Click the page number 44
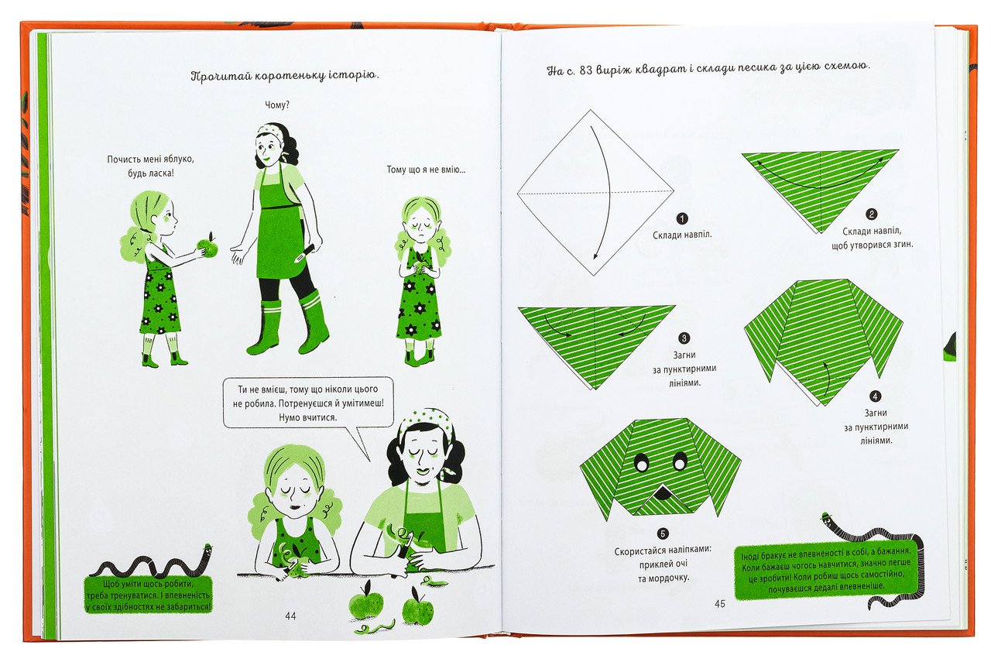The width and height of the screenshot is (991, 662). (290, 616)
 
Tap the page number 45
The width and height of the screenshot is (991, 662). (720, 603)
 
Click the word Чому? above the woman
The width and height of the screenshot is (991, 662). (277, 105)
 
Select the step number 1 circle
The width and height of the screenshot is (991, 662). (682, 218)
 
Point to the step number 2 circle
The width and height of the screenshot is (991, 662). (871, 214)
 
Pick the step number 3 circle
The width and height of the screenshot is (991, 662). (684, 338)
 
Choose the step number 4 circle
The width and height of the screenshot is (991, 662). (875, 396)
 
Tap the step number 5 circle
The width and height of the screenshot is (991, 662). (663, 533)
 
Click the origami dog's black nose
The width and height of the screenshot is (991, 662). (662, 491)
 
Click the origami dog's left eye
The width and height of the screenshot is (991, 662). (641, 463)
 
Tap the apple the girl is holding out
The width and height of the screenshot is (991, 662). (208, 246)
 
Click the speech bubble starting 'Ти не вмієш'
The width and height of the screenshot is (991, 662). (308, 403)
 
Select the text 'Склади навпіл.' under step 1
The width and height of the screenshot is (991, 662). (682, 235)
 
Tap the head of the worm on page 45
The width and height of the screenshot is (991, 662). (826, 520)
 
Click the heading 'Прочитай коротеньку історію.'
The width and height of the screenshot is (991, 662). (285, 76)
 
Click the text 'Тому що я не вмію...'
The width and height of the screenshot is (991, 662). (426, 170)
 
